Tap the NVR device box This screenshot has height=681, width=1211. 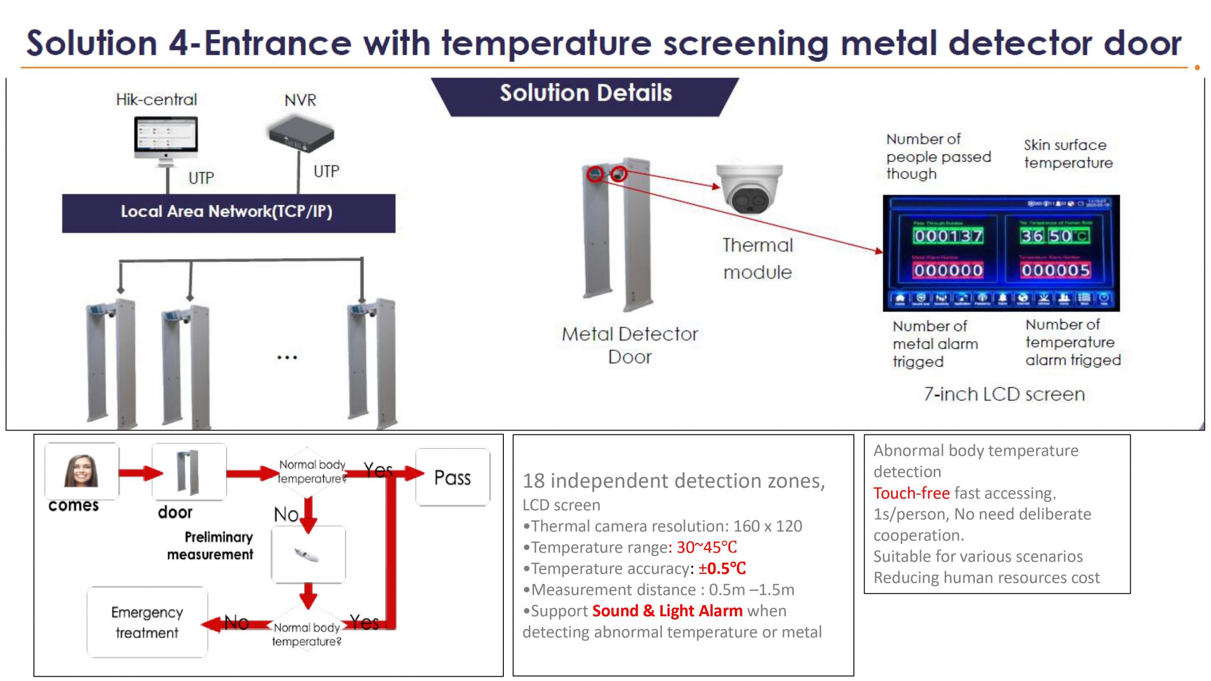(301, 135)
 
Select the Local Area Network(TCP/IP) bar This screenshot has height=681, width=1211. (228, 212)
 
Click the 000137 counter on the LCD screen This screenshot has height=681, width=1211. (948, 236)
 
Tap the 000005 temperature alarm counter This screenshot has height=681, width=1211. (1055, 270)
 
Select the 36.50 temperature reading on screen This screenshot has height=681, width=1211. (1054, 235)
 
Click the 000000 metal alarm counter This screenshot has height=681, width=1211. (948, 270)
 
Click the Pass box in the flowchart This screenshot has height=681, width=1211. (453, 477)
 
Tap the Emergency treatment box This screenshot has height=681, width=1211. (147, 622)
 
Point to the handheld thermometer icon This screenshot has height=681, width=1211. (307, 555)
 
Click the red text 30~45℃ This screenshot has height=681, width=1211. (706, 547)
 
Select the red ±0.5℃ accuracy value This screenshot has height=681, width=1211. (722, 569)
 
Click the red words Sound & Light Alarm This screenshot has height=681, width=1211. (667, 611)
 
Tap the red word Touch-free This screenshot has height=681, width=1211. (911, 493)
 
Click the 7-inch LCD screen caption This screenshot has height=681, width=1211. (1004, 394)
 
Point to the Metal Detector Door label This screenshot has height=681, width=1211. (630, 345)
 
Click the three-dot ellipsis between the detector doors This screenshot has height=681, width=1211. (287, 358)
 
